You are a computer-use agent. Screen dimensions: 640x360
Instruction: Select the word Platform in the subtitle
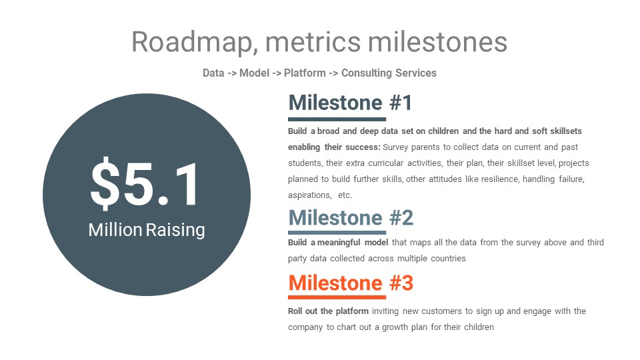(305, 73)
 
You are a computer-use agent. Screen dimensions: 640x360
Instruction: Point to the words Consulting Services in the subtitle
(389, 73)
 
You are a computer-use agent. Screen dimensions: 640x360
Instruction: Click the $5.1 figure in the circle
(145, 183)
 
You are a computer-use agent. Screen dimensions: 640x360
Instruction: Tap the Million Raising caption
(147, 230)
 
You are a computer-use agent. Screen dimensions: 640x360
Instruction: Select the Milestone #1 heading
(350, 103)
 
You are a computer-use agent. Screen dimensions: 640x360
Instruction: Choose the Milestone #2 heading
(351, 217)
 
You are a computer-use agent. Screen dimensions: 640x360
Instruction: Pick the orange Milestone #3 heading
(351, 283)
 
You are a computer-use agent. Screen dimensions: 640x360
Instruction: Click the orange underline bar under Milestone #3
(337, 297)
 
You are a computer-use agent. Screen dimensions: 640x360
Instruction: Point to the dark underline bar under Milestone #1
(337, 119)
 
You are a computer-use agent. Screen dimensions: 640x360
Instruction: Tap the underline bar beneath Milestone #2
(337, 233)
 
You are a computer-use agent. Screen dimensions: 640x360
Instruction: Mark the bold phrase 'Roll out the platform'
(328, 311)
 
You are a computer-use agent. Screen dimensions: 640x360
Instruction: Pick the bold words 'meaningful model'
(353, 243)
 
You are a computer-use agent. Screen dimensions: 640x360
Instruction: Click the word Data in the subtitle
(213, 73)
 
